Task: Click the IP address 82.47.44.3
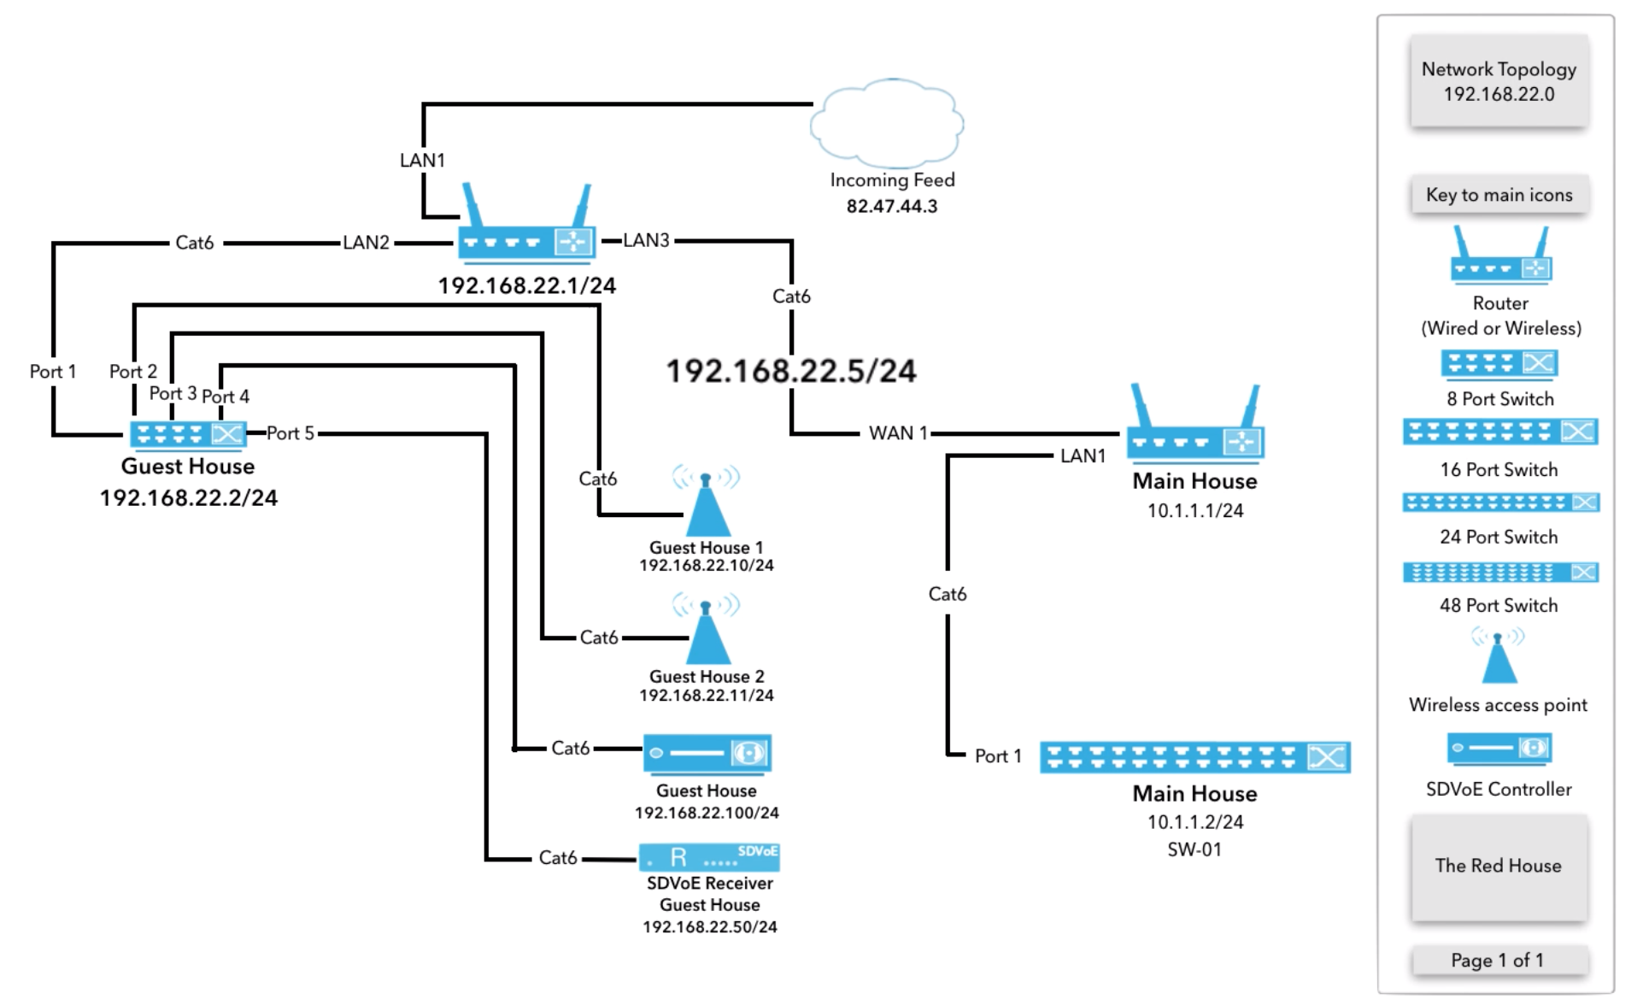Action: click(891, 206)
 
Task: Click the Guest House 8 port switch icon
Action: click(188, 434)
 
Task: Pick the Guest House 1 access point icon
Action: click(706, 505)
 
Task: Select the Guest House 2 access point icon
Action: click(706, 633)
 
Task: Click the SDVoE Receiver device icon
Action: click(709, 856)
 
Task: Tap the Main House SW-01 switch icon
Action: click(1194, 757)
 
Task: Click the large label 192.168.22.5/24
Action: click(790, 371)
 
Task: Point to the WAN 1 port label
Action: click(898, 433)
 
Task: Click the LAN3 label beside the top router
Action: click(646, 240)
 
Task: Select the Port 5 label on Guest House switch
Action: click(290, 433)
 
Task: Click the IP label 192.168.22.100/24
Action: click(707, 813)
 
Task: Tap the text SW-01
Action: click(1194, 849)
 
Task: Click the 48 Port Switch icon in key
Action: click(1499, 572)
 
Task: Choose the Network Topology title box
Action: click(1499, 81)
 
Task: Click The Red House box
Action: click(1499, 866)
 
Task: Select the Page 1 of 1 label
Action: click(1498, 961)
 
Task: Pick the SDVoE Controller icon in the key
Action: click(1499, 749)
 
